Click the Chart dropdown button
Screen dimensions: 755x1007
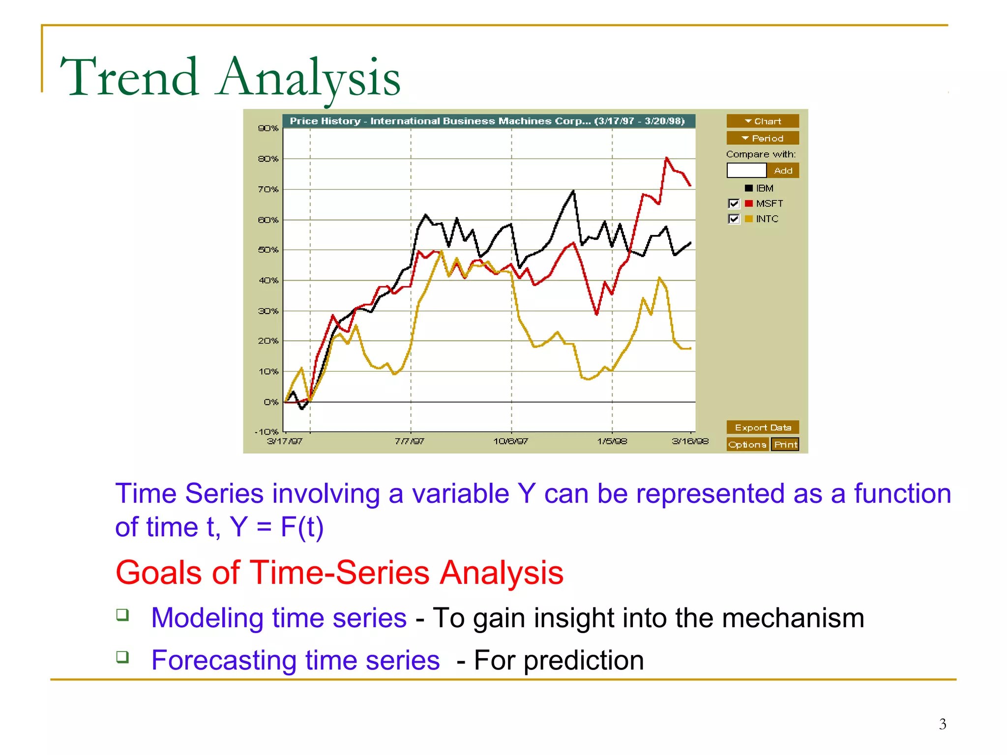(x=762, y=121)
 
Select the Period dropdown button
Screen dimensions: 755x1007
(x=762, y=138)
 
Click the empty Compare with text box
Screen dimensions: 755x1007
(x=746, y=171)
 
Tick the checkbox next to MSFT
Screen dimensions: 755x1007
(x=734, y=203)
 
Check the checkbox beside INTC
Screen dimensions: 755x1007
(x=734, y=219)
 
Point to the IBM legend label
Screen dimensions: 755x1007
(x=764, y=188)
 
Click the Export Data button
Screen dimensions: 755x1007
(x=762, y=427)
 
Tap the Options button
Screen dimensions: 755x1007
(x=747, y=444)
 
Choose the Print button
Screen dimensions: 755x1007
(x=785, y=444)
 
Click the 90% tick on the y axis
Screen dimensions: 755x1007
(x=268, y=128)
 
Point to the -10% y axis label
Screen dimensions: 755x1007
(x=267, y=432)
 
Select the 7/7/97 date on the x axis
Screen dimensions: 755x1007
(x=410, y=441)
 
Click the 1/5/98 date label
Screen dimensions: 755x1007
(x=612, y=441)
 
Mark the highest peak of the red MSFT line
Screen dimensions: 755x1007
(x=666, y=158)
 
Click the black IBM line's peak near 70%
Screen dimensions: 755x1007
(x=573, y=191)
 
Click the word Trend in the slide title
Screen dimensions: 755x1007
(x=129, y=78)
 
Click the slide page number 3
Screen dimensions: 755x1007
(x=942, y=724)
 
